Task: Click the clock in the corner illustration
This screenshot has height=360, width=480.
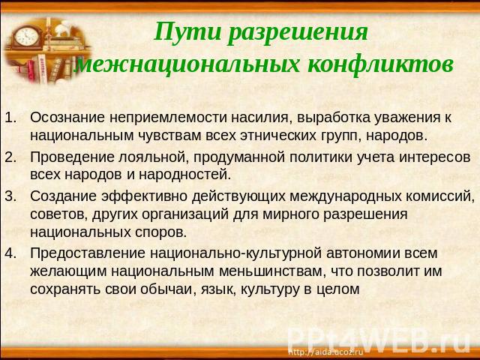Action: pos(27,37)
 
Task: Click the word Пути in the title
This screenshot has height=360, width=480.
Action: pos(187,31)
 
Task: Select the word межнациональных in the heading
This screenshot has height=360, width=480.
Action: pos(187,64)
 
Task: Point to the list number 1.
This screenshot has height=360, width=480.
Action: pos(10,118)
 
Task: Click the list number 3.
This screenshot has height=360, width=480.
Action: pos(10,196)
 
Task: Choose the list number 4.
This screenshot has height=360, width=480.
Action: pos(10,253)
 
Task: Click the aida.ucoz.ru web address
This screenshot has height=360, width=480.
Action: pos(326,352)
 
